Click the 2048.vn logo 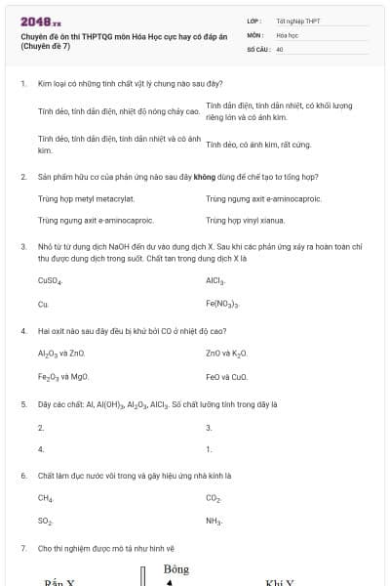click(x=41, y=21)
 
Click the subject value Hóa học click(x=287, y=34)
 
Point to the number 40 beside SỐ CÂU click(x=280, y=47)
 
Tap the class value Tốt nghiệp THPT click(x=298, y=21)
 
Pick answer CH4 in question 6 click(x=45, y=498)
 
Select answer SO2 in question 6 click(x=45, y=523)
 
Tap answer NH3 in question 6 click(x=214, y=523)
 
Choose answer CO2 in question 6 click(x=214, y=498)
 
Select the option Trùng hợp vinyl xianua click(x=245, y=221)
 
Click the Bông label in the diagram click(x=176, y=569)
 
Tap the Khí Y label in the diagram click(x=280, y=582)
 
